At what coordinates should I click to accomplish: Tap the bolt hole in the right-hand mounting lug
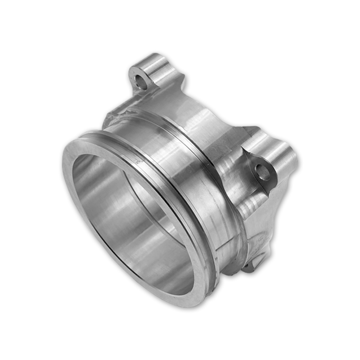click(x=262, y=172)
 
